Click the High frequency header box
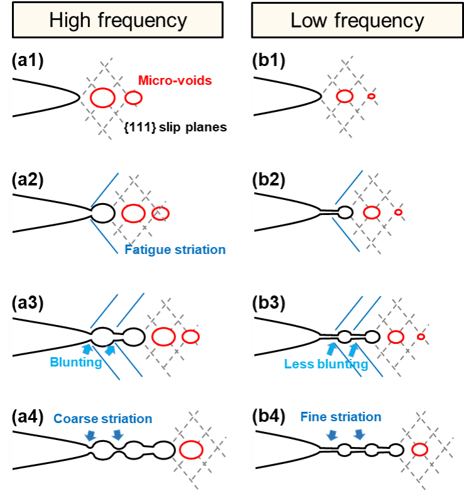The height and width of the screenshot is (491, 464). (118, 20)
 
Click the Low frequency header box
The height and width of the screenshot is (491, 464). (357, 20)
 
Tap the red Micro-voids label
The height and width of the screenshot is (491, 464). (174, 80)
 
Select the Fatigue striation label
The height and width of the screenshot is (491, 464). (174, 250)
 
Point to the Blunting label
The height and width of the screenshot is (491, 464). (75, 362)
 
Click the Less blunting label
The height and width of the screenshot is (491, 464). (326, 364)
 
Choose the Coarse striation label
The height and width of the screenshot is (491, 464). (102, 419)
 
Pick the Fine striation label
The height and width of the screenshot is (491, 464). (341, 417)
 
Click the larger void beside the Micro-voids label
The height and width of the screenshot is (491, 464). (102, 98)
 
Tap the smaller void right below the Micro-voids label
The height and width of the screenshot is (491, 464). (133, 97)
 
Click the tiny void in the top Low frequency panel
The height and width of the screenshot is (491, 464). (372, 96)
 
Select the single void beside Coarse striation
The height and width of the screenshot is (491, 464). (191, 450)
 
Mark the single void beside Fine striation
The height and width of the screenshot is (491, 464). (420, 450)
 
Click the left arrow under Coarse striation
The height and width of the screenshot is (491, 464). (91, 436)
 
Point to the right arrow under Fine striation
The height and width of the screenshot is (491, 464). (359, 434)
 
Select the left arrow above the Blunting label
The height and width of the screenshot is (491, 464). (87, 348)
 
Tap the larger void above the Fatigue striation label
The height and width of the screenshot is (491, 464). (133, 214)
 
